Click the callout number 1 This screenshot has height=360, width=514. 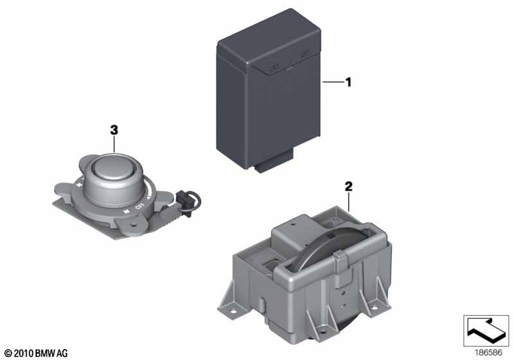coord(348,82)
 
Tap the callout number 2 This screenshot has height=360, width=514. coord(348,186)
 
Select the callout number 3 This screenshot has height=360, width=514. coord(114,130)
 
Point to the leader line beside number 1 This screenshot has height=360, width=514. coord(332,82)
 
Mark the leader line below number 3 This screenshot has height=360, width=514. coord(114,145)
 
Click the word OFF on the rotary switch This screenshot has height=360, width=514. coord(139,206)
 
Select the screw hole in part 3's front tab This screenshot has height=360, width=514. coord(133,225)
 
